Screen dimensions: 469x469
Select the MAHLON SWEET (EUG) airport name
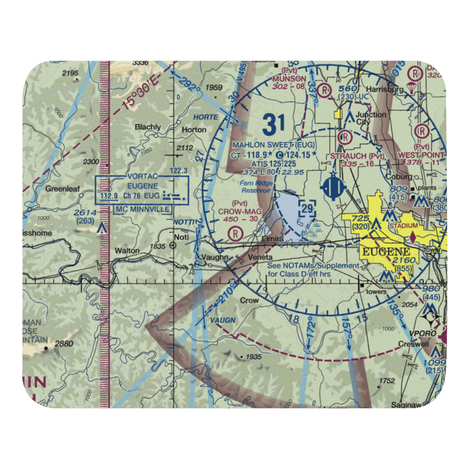click(273, 144)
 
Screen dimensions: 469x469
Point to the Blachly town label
click(148, 127)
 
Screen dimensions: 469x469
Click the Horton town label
click(194, 129)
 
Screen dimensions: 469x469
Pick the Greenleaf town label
click(62, 189)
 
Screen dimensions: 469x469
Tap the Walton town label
click(128, 251)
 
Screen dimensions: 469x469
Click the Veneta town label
click(261, 257)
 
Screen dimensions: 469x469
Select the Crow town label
click(249, 300)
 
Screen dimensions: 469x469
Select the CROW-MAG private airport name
click(239, 212)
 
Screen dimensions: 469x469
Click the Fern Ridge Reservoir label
click(257, 187)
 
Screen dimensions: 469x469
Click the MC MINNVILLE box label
click(143, 209)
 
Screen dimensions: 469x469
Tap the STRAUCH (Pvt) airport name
click(358, 156)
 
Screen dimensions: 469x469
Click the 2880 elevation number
click(64, 344)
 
